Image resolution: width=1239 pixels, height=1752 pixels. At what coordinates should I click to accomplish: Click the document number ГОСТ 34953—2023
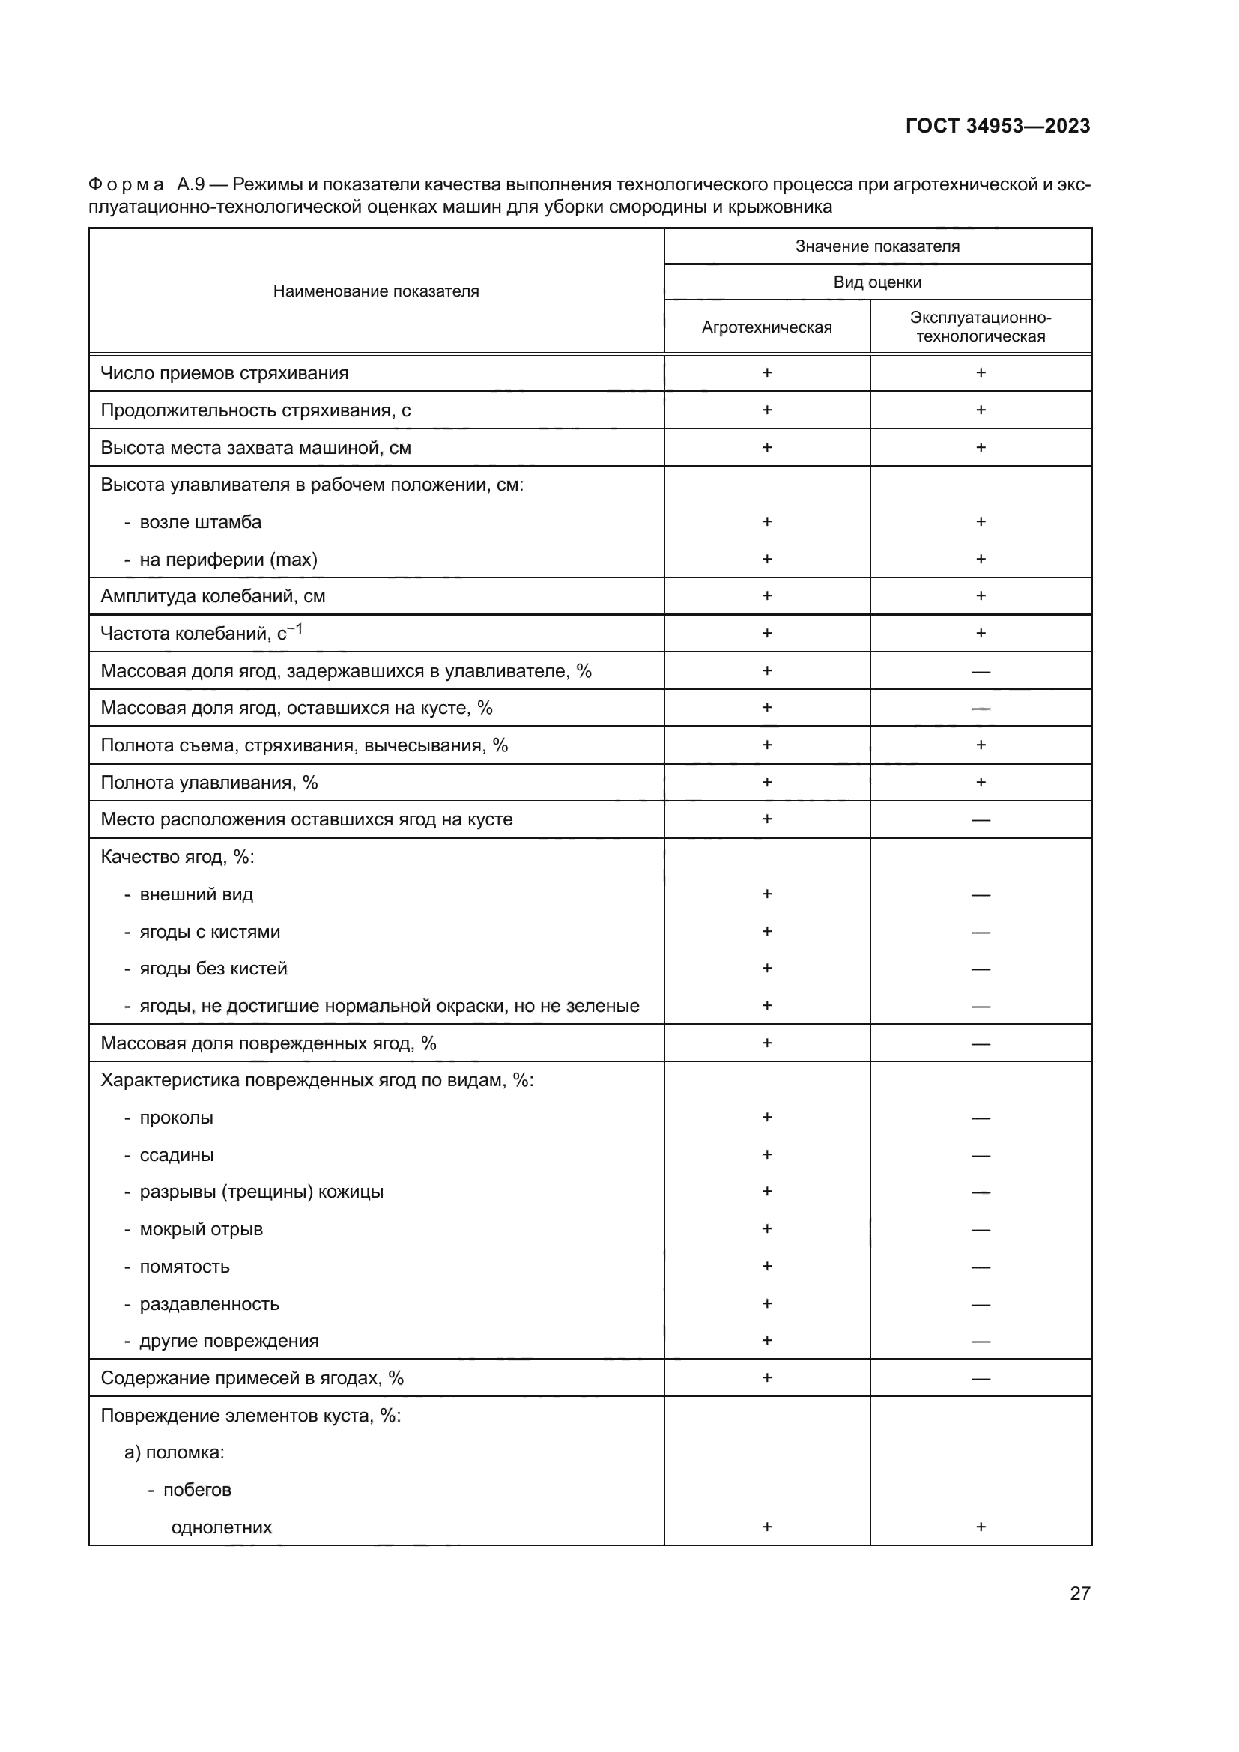(x=997, y=126)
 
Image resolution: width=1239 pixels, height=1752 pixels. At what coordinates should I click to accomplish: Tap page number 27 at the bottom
(x=1079, y=1593)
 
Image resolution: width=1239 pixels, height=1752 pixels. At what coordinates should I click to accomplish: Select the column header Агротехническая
(x=767, y=327)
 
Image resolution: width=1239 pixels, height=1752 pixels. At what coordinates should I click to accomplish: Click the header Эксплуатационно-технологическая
(x=981, y=327)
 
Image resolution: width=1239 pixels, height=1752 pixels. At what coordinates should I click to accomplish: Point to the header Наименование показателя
(x=376, y=291)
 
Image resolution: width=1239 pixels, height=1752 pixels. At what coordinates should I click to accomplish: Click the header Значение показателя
(x=877, y=246)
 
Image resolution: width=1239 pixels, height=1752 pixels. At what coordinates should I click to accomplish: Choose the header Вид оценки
(x=877, y=282)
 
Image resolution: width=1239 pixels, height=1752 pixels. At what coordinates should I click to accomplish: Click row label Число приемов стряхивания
(x=224, y=373)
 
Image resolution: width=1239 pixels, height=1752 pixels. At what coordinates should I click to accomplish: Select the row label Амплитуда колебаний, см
(x=213, y=597)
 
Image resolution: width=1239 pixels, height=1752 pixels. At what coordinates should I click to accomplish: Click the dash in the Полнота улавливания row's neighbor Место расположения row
(x=981, y=820)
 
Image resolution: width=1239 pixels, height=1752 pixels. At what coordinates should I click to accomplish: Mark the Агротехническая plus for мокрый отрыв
(x=767, y=1228)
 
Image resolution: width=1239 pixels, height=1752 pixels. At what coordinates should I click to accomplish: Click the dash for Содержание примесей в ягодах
(x=981, y=1379)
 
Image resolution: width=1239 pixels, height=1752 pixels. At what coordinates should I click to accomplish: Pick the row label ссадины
(x=176, y=1155)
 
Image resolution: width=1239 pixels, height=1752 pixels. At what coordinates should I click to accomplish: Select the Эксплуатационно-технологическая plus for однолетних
(x=981, y=1527)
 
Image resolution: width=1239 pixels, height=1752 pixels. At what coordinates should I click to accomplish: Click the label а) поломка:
(x=174, y=1452)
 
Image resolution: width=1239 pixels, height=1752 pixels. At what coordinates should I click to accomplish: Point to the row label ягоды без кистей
(x=213, y=969)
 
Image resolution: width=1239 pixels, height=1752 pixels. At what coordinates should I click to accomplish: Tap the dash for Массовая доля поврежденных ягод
(x=981, y=1044)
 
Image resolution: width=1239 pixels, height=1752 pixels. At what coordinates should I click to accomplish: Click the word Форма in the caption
(x=126, y=185)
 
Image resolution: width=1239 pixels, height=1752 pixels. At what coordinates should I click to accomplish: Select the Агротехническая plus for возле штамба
(x=767, y=522)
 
